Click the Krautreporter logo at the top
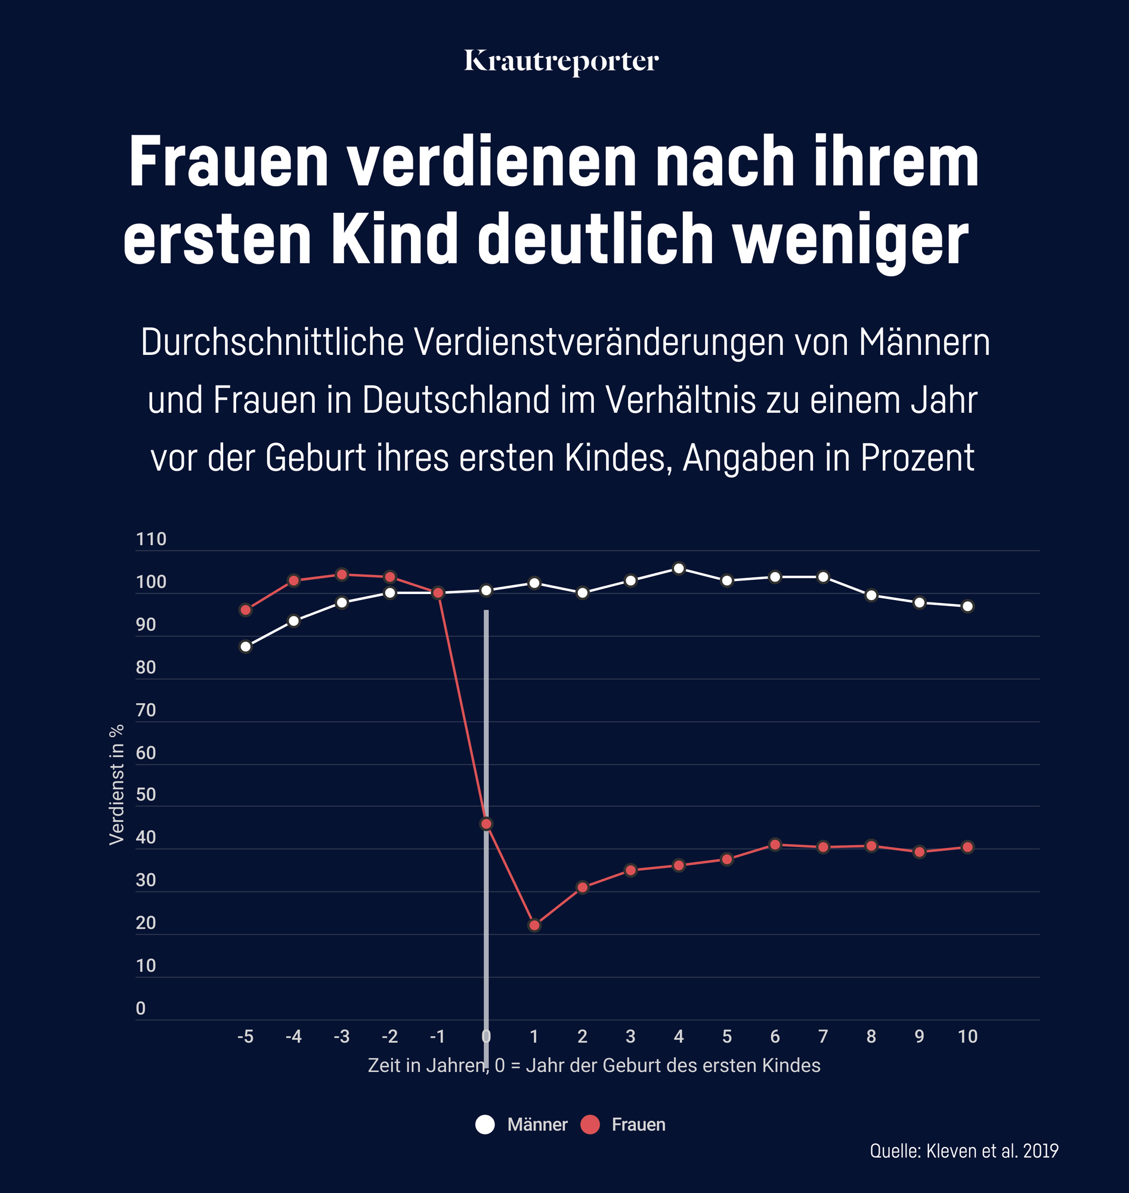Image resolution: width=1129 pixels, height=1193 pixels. click(561, 61)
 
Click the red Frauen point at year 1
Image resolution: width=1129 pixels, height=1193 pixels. click(534, 925)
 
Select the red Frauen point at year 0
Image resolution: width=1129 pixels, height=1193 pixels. click(486, 823)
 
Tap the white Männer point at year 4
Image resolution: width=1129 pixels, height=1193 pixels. click(679, 568)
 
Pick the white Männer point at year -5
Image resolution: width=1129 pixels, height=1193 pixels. click(246, 647)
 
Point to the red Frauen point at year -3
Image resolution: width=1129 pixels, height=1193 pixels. click(342, 574)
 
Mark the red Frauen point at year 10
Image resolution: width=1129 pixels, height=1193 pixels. click(968, 847)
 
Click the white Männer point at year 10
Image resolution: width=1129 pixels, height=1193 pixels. click(968, 606)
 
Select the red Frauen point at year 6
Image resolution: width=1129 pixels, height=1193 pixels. click(775, 845)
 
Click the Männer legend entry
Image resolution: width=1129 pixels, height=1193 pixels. click(522, 1124)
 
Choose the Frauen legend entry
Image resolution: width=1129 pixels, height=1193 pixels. click(623, 1124)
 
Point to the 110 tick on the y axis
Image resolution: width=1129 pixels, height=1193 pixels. click(151, 539)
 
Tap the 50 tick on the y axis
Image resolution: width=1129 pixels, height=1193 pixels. click(146, 795)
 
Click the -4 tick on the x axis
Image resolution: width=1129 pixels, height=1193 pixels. click(293, 1037)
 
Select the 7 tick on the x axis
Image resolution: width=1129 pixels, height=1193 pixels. click(822, 1037)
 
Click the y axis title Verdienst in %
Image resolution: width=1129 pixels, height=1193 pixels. click(117, 784)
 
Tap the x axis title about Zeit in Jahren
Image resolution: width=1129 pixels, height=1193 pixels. click(594, 1065)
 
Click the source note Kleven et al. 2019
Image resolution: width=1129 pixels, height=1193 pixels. click(964, 1151)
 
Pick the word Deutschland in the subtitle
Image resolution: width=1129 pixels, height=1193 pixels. click(456, 400)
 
